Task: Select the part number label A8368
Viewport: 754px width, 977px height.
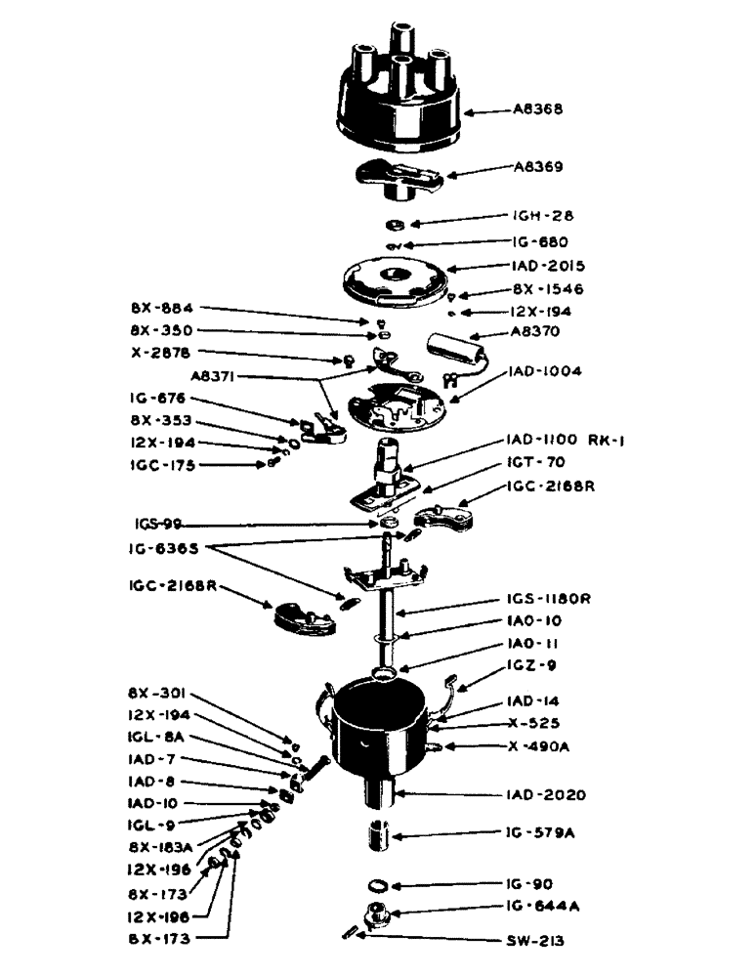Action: pyautogui.click(x=536, y=110)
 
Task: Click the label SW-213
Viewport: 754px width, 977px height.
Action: pyautogui.click(x=538, y=944)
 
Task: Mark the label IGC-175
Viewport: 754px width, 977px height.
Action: pyautogui.click(x=162, y=465)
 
